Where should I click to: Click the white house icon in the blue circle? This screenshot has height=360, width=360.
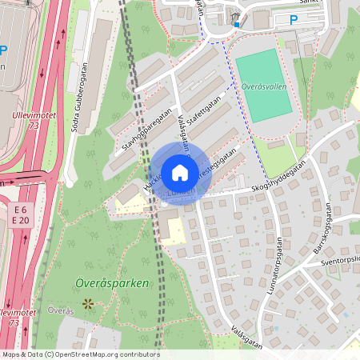(x=180, y=172)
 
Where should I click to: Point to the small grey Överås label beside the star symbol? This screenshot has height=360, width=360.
(x=61, y=310)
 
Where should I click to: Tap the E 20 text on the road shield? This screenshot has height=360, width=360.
(x=21, y=219)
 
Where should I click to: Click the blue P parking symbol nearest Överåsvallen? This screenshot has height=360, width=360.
(x=293, y=19)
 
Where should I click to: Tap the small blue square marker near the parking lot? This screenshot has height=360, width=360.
(x=237, y=24)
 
